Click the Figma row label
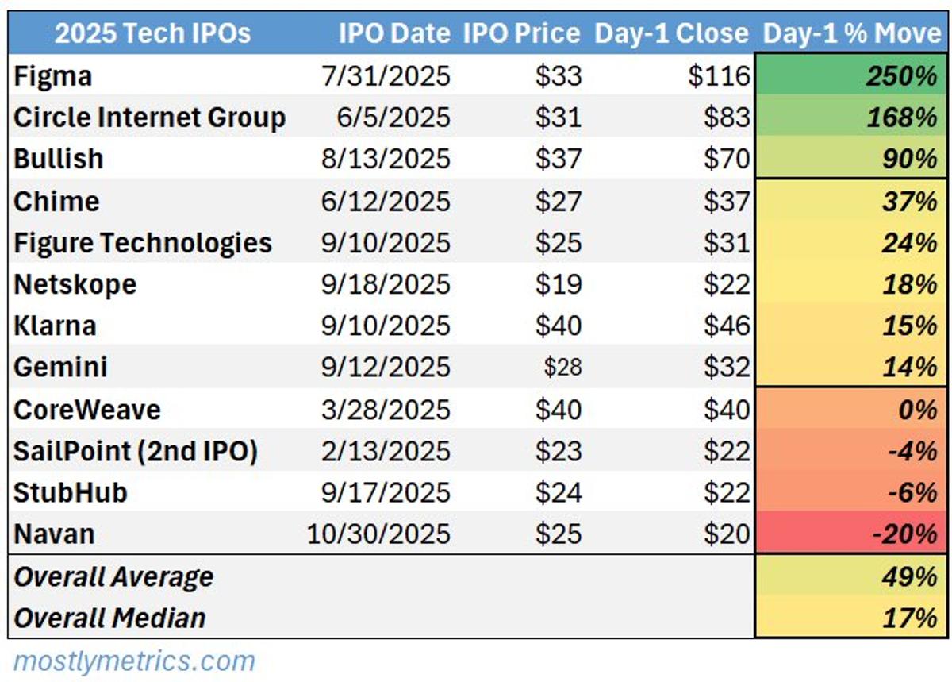pyautogui.click(x=53, y=76)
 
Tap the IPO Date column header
pyautogui.click(x=394, y=33)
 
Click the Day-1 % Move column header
pyautogui.click(x=851, y=33)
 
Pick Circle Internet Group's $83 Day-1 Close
pyautogui.click(x=727, y=118)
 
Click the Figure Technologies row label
pyautogui.click(x=143, y=243)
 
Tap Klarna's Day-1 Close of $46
pyautogui.click(x=727, y=326)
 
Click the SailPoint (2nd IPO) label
pyautogui.click(x=136, y=451)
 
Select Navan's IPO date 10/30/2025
pyautogui.click(x=378, y=534)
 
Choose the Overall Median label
pyautogui.click(x=110, y=618)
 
